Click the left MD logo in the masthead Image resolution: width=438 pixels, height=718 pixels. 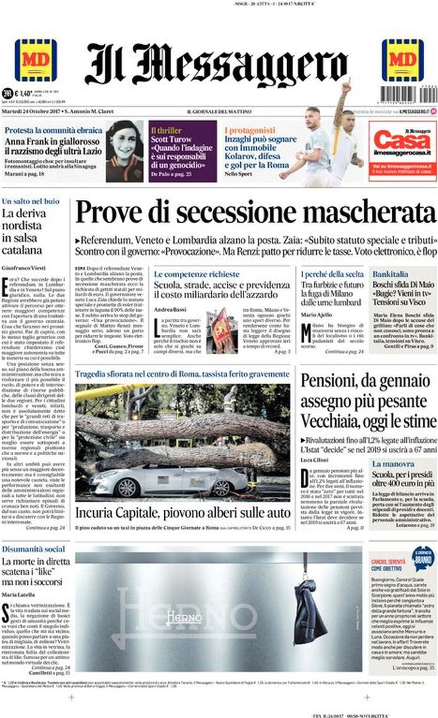[x=35, y=60]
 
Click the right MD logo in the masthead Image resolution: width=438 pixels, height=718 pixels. [x=402, y=60]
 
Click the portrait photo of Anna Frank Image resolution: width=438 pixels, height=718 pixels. [x=124, y=151]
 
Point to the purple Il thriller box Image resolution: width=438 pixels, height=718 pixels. [x=182, y=151]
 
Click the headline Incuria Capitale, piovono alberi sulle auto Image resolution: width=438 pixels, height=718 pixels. [x=181, y=513]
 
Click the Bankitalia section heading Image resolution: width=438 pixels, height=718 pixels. [x=390, y=273]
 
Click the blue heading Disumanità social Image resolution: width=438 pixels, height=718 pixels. [x=33, y=550]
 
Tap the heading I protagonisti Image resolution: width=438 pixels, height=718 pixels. [x=249, y=130]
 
